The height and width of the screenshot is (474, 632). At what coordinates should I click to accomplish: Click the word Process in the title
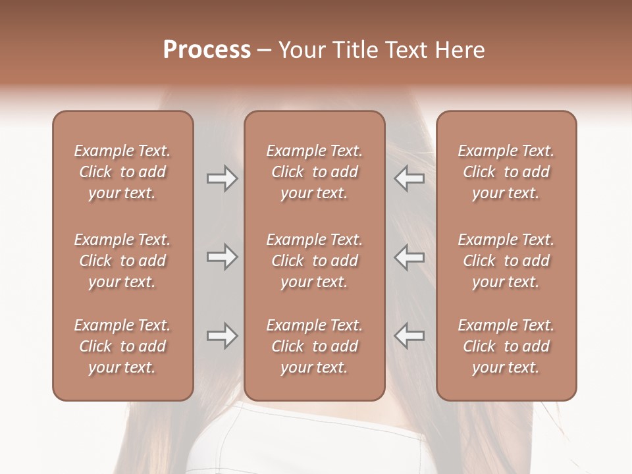(207, 49)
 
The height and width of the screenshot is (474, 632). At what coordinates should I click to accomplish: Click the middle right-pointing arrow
(222, 257)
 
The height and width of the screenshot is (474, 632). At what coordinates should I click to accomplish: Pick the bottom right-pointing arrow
(222, 336)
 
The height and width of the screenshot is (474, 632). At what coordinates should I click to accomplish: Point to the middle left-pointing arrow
(409, 257)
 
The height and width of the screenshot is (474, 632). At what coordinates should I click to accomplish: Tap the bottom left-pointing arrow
(409, 336)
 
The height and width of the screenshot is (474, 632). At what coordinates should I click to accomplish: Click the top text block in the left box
(122, 172)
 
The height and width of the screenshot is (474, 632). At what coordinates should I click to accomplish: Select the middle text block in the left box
(122, 261)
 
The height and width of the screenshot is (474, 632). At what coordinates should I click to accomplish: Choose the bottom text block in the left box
(122, 346)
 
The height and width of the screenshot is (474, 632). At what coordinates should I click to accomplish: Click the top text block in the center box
(314, 172)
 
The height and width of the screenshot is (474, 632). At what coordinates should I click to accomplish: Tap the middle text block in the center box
(314, 261)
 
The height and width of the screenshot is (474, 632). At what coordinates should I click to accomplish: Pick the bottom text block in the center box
(314, 346)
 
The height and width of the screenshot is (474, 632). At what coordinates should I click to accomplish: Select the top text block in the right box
(506, 172)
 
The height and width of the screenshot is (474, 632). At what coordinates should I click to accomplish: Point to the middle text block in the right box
(506, 261)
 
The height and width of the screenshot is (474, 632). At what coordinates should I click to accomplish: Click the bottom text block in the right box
(506, 346)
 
